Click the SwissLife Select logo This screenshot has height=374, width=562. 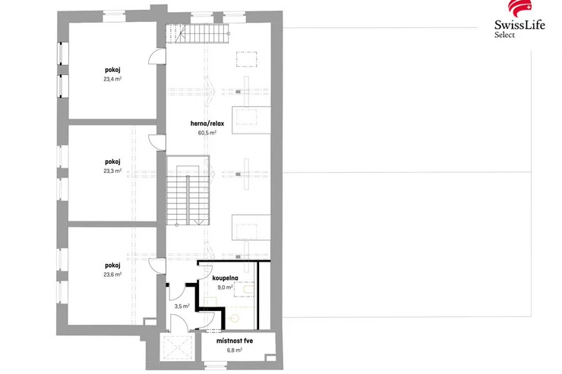click(519, 19)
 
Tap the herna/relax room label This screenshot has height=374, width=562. click(207, 124)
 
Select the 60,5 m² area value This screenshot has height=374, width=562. click(207, 133)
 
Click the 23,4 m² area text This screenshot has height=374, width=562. click(112, 79)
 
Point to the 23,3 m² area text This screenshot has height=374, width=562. click(112, 171)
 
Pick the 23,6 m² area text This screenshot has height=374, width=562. click(112, 275)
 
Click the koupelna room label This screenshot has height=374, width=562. click(225, 278)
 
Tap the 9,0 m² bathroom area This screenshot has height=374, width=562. click(225, 287)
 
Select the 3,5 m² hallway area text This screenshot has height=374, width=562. click(182, 306)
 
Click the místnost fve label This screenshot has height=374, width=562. click(235, 341)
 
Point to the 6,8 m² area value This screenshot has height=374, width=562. click(235, 350)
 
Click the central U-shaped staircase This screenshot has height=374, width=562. click(188, 190)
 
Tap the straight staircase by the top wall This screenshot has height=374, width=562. click(197, 33)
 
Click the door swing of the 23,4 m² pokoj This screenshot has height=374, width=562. click(157, 57)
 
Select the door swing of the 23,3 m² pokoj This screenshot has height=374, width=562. click(157, 143)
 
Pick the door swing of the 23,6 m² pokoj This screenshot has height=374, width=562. click(157, 266)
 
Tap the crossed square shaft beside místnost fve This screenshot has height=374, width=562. click(178, 348)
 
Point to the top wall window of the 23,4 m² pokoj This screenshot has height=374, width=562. click(115, 16)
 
